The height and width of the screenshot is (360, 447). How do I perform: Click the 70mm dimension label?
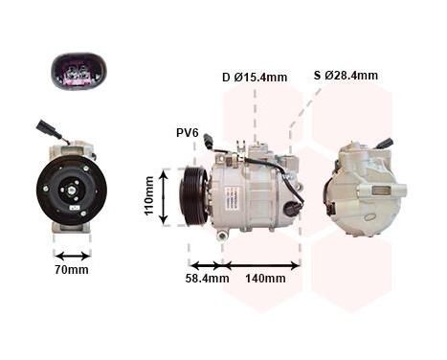72,269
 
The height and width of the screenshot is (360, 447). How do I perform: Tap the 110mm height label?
150,196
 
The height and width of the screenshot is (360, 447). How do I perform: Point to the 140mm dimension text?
265,279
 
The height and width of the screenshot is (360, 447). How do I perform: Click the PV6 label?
187,132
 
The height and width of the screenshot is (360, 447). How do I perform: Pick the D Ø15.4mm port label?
255,78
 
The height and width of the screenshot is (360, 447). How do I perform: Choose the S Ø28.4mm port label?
346,75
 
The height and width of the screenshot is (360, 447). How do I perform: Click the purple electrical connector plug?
78,73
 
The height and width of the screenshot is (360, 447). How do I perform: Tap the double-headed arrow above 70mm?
72,256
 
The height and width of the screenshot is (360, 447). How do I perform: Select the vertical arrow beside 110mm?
166,196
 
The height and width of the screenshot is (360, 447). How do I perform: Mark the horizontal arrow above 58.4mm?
206,265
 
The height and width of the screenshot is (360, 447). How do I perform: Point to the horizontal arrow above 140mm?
260,265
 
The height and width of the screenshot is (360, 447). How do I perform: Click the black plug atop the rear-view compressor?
385,144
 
